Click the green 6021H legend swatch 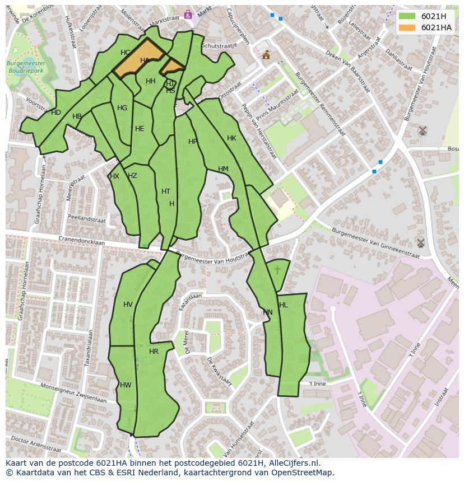(x=407, y=16)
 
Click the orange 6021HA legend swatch (x=407, y=27)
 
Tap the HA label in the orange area (x=145, y=60)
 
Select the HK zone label (x=231, y=138)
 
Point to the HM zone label (x=223, y=169)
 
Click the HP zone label (x=193, y=142)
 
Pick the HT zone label (x=166, y=191)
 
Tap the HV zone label (x=128, y=305)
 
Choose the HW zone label (x=126, y=385)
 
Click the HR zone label (x=154, y=352)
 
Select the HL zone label (x=283, y=305)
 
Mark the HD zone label (x=56, y=113)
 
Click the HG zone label (x=122, y=108)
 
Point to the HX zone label (x=114, y=176)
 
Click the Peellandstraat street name (x=86, y=219)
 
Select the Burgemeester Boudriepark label (x=26, y=68)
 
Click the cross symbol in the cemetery (x=277, y=270)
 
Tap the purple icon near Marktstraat (x=188, y=15)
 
